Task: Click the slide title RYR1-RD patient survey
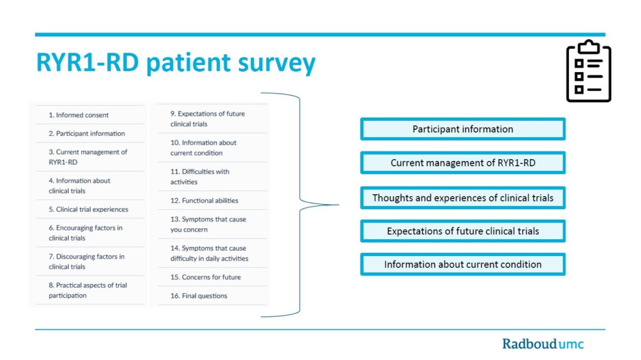[x=176, y=63]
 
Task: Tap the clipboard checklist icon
[x=588, y=71]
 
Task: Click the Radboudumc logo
[x=543, y=344]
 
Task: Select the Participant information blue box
[x=463, y=129]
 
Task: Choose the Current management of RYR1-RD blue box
[x=463, y=163]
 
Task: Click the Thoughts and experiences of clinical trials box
[x=463, y=198]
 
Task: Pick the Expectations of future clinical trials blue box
[x=463, y=231]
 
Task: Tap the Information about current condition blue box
[x=463, y=264]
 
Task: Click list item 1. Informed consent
[x=78, y=115]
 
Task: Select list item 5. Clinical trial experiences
[x=88, y=210]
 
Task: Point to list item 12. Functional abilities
[x=205, y=200]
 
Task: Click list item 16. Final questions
[x=198, y=296]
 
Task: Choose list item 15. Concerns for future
[x=205, y=277]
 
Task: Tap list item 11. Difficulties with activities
[x=200, y=177]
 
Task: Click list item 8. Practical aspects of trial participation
[x=88, y=291]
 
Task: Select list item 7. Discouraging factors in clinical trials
[x=86, y=262]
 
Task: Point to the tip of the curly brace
[x=339, y=205]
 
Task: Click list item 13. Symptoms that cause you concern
[x=208, y=225]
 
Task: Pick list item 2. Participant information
[x=86, y=134]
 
